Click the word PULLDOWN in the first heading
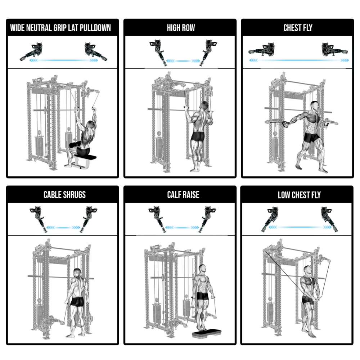pos(95,28)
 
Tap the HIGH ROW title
pos(181,28)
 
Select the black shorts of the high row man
pos(198,136)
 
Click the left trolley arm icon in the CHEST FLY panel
pos(262,50)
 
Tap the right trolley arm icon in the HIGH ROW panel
pos(208,52)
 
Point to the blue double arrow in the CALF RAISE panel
pos(182,228)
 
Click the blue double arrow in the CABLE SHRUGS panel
pos(63,228)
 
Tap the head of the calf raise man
pos(202,269)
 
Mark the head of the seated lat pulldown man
pos(91,125)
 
